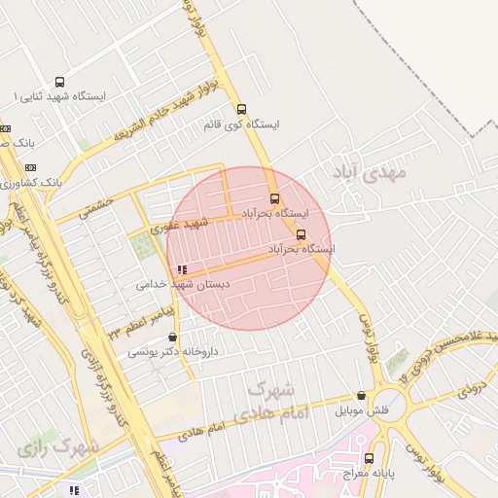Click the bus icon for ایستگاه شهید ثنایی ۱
click(x=60, y=83)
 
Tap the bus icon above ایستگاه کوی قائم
click(x=242, y=109)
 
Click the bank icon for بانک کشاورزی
click(x=5, y=182)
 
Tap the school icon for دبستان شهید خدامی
click(x=182, y=269)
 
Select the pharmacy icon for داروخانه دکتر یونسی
click(x=173, y=338)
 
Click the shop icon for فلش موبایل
click(x=362, y=396)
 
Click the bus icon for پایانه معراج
click(x=369, y=457)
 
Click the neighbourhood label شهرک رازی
click(x=58, y=448)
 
